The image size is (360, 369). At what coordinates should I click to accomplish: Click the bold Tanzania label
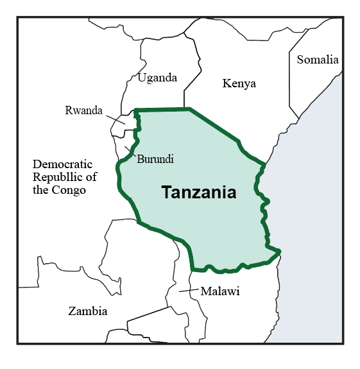coord(198,192)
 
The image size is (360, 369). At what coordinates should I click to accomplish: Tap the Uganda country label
coord(157,78)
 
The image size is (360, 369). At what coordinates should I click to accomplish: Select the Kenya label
coord(239,83)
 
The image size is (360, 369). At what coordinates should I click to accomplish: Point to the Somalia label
coord(317,60)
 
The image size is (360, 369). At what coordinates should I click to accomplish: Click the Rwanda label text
coord(83,110)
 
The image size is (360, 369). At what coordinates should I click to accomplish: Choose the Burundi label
coord(155,158)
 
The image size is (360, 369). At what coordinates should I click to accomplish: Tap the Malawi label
coord(220,291)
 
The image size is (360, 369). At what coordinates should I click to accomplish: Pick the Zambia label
coord(88,311)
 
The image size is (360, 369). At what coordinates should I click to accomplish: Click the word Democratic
coord(63,164)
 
